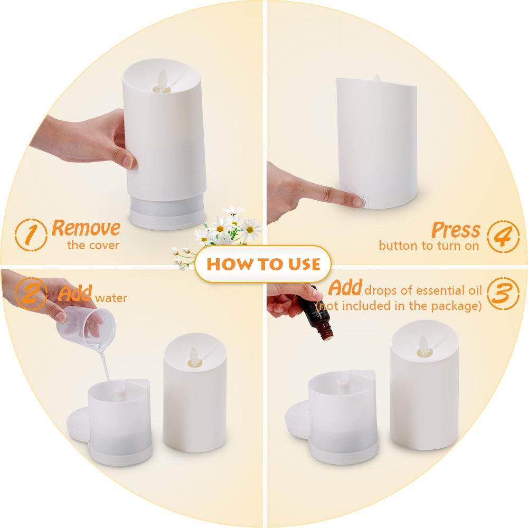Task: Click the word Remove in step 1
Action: pyautogui.click(x=86, y=228)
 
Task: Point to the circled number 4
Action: pyautogui.click(x=502, y=235)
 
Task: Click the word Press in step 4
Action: pyautogui.click(x=456, y=230)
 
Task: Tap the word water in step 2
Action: pyautogui.click(x=111, y=298)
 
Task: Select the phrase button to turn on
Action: pyautogui.click(x=429, y=246)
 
